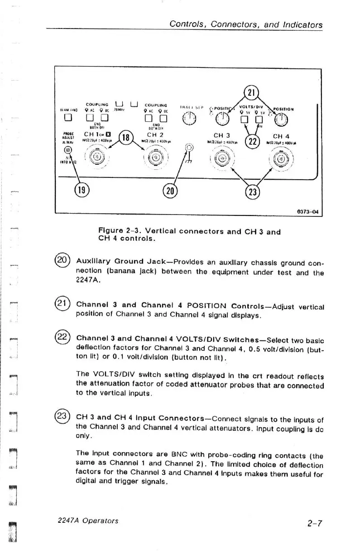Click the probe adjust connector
pyautogui.click(x=67, y=149)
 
